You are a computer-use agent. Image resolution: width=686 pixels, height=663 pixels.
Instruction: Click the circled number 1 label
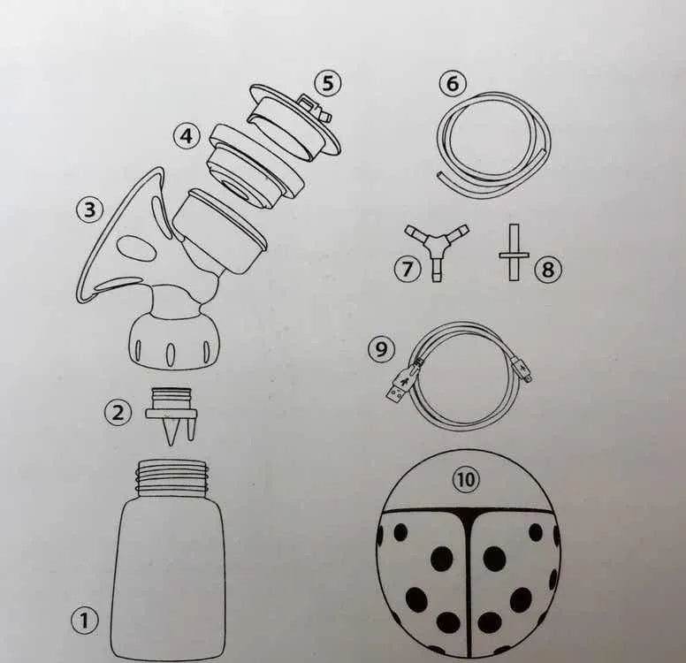coord(85,620)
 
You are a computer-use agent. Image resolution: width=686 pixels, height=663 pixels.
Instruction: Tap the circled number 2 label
coord(118,412)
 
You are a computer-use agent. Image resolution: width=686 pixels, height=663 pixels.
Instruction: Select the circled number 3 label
coord(89,210)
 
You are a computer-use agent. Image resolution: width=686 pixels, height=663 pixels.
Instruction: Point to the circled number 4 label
coord(187,136)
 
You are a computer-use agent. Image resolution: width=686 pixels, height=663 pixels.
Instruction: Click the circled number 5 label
coord(328,83)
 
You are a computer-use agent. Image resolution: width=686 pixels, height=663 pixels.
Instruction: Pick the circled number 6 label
coord(454,83)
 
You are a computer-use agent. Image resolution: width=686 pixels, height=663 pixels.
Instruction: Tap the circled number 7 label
coord(408,268)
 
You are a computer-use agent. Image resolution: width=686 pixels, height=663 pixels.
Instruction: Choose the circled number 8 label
coord(548,269)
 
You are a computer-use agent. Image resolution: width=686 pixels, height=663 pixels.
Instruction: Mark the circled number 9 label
coord(382,349)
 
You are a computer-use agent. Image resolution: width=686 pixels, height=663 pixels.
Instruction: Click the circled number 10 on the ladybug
coord(466,479)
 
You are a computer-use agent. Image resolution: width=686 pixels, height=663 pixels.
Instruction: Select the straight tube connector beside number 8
coord(514,253)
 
